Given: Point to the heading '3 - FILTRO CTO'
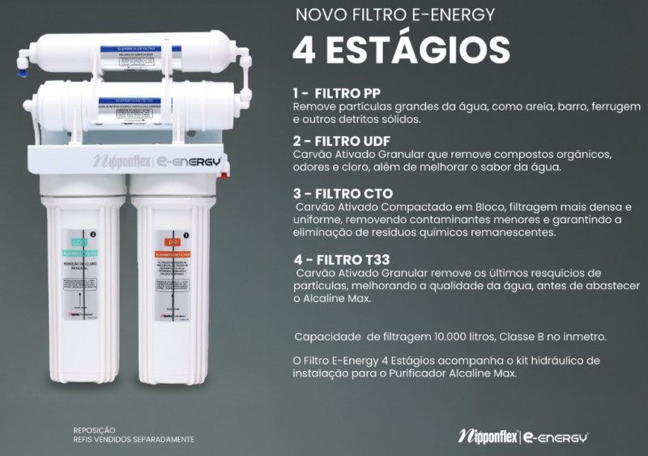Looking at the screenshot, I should point(343,194).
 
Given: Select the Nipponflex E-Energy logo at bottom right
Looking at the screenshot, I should point(523,437).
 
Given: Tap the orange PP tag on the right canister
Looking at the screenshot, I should point(172,241).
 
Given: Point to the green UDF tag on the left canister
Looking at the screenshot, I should point(79,241).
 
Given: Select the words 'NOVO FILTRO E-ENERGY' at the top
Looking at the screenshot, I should point(394,15).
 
